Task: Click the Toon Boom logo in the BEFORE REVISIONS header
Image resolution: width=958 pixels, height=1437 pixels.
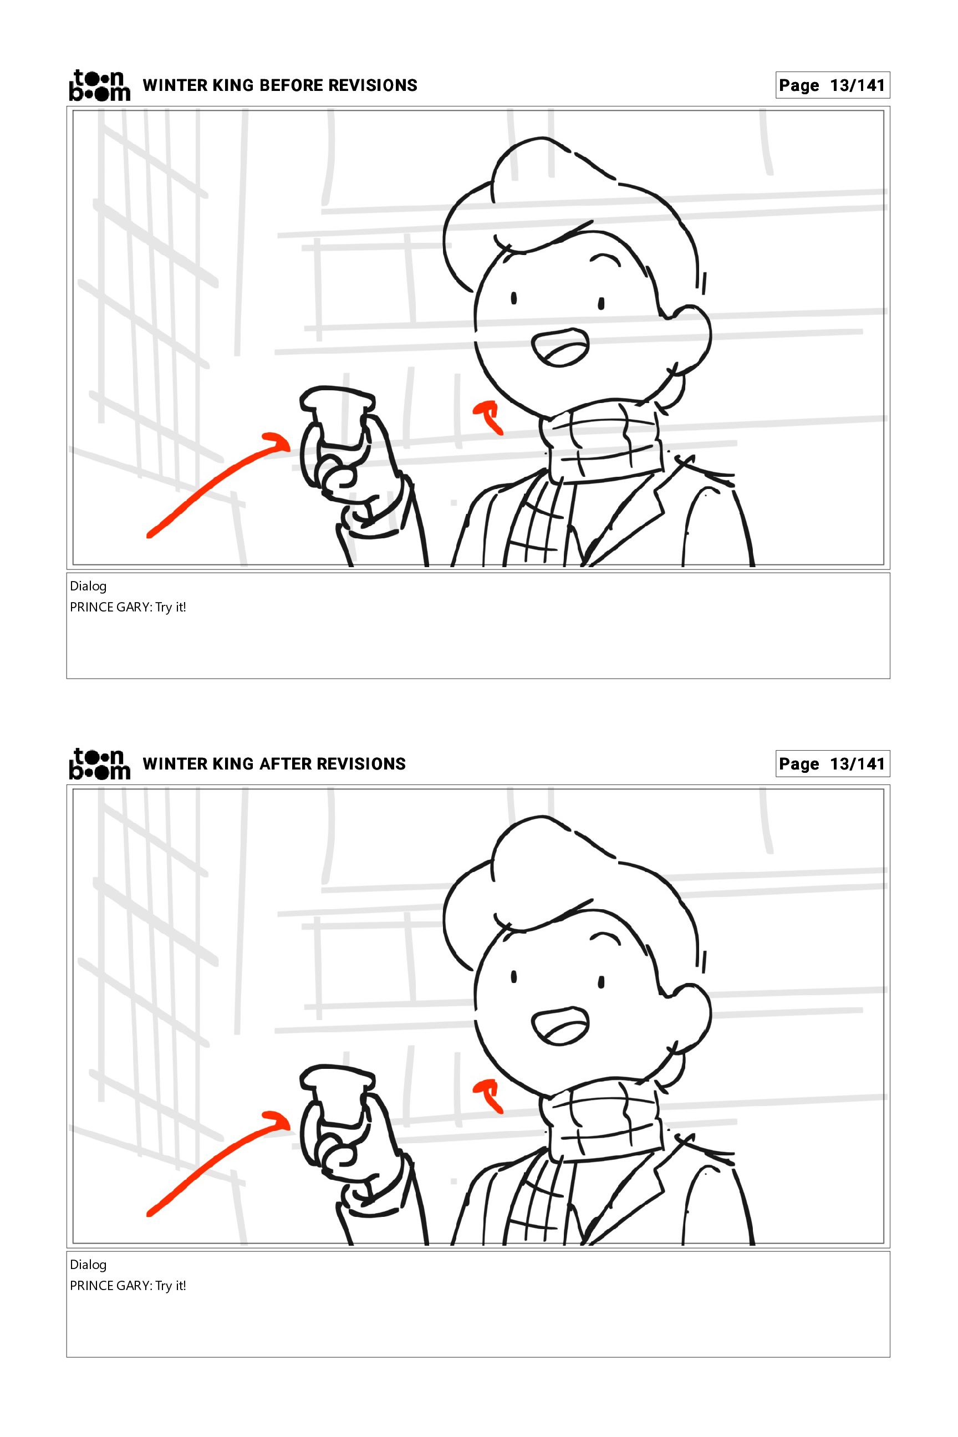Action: point(100,85)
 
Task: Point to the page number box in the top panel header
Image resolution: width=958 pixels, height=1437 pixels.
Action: point(832,85)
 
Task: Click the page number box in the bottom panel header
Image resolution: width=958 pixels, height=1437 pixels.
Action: point(832,764)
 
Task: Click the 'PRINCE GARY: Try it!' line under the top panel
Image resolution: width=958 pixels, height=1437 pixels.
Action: point(128,607)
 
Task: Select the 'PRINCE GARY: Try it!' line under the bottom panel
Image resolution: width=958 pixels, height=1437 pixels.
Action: point(128,1286)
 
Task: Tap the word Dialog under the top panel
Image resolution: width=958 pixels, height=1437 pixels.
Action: point(88,587)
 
